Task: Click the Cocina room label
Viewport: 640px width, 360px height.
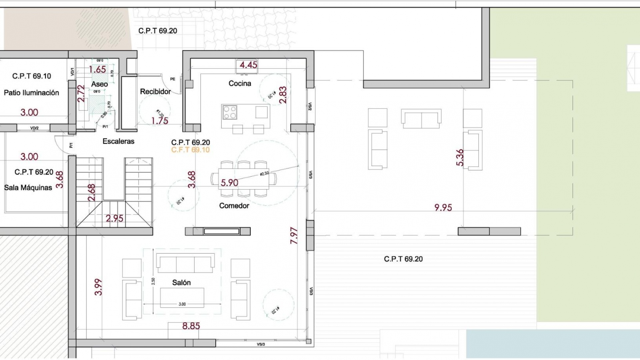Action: click(x=240, y=83)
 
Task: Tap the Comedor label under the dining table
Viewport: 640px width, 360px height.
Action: click(x=234, y=206)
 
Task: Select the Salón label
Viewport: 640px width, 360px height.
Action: click(x=181, y=283)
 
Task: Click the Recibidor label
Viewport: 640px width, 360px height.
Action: click(x=155, y=91)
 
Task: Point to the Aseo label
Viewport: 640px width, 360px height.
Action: click(x=99, y=84)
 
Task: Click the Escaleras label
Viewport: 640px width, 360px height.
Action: click(x=118, y=141)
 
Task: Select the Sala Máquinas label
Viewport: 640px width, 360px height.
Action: click(x=28, y=188)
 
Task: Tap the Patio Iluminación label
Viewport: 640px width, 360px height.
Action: click(x=31, y=93)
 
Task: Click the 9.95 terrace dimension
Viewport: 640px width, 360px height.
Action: click(x=443, y=207)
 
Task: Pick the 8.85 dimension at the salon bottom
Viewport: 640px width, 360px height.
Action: click(x=191, y=326)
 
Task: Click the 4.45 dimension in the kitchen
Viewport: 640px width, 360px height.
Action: click(x=248, y=65)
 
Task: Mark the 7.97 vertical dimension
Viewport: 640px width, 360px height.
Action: click(x=294, y=235)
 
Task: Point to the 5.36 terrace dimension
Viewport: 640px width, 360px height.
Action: click(x=459, y=157)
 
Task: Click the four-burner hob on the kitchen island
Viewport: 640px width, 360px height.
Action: click(x=230, y=112)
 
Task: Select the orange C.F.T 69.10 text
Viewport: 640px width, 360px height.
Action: click(x=190, y=150)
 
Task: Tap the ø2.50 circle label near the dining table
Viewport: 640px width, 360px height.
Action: click(x=264, y=174)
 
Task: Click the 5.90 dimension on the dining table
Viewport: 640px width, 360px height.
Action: click(x=229, y=183)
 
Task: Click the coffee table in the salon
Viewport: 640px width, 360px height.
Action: click(x=182, y=297)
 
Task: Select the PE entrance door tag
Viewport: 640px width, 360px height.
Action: click(x=173, y=79)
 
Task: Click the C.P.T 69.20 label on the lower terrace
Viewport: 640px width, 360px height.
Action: click(x=403, y=259)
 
